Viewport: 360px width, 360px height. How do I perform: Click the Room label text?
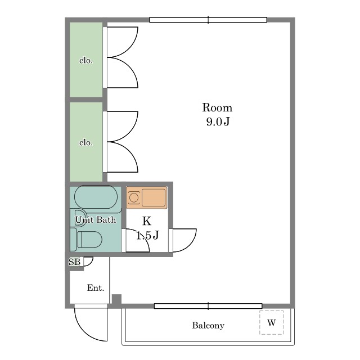217,107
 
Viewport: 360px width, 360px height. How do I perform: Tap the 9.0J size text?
218,121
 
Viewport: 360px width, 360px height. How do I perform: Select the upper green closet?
86,60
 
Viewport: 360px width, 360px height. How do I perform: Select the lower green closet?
86,142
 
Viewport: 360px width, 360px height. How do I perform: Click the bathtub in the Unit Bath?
96,197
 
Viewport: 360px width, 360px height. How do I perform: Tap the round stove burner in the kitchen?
133,197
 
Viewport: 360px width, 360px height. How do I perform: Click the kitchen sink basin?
154,197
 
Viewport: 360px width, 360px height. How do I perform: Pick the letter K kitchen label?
147,221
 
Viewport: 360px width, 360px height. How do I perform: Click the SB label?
74,262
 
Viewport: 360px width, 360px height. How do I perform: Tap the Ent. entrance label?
96,287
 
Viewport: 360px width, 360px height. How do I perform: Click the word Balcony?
208,325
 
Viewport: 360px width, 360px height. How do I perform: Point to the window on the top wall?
208,20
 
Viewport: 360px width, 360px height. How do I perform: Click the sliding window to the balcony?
208,306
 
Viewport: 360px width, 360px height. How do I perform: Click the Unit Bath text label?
96,220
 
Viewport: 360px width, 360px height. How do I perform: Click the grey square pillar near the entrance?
116,299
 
